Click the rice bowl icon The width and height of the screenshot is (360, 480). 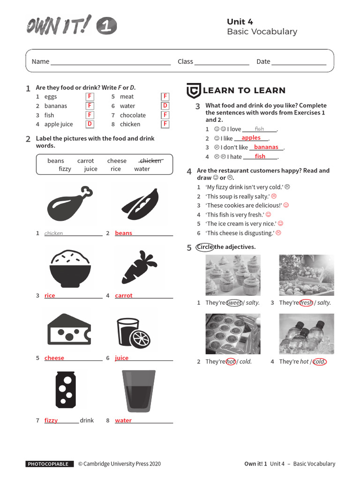(69, 266)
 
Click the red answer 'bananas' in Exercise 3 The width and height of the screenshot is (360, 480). (266, 147)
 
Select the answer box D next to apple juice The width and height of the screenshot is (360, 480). (90, 124)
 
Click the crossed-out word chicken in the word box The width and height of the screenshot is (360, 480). (150, 161)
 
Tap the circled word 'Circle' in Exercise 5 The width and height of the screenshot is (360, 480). (205, 247)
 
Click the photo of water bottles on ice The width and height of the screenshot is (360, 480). (307, 334)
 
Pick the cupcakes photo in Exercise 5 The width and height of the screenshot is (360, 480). (233, 275)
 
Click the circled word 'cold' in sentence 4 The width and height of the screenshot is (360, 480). (319, 362)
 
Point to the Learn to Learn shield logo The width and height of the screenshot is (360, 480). (194, 90)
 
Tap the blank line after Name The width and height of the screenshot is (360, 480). (111, 62)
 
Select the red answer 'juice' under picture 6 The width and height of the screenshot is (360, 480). (122, 358)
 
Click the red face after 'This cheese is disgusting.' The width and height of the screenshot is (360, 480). (278, 233)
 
